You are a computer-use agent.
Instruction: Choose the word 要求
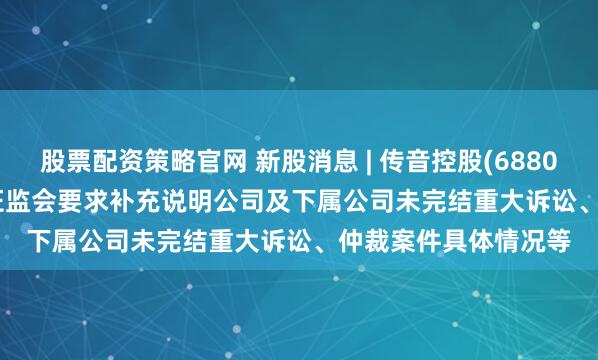pyautogui.click(x=79, y=199)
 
